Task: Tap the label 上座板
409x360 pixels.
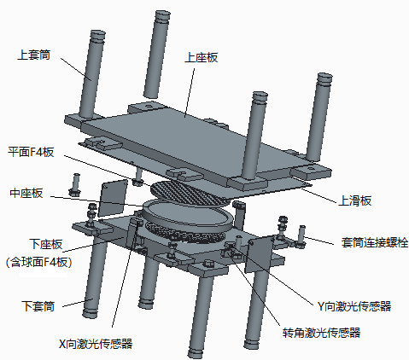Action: [202, 58]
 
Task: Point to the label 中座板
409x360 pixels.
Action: [25, 193]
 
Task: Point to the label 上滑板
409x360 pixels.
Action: [355, 200]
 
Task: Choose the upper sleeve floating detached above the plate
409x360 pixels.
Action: [159, 51]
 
